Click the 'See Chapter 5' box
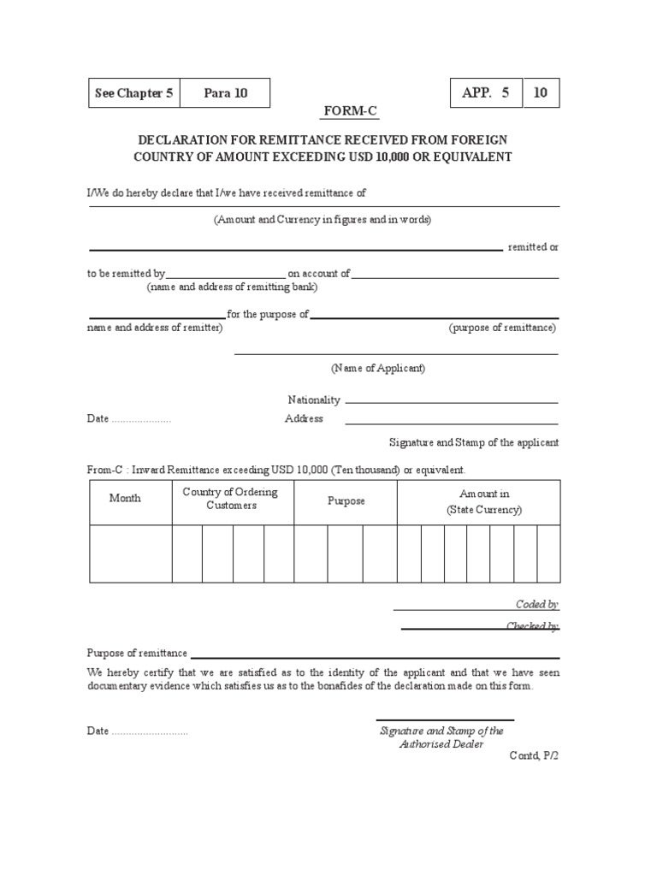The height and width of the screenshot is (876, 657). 134,93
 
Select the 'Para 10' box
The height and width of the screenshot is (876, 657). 226,93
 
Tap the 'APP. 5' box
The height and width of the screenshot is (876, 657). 485,93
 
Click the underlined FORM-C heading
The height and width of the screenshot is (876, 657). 349,112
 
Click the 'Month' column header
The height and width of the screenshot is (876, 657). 126,499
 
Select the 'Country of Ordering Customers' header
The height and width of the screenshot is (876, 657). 231,499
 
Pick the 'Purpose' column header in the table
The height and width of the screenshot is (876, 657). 346,501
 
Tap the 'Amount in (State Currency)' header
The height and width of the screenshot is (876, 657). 484,502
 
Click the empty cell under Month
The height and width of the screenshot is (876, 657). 130,553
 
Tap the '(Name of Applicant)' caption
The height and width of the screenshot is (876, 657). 378,369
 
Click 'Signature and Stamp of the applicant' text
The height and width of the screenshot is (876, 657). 473,443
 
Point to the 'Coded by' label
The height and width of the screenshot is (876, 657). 536,605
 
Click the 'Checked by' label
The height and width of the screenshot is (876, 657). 532,626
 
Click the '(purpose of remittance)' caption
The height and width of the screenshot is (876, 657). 503,328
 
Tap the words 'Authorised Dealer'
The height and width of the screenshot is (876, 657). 441,744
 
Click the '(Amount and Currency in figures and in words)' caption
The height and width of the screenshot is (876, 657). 323,220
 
